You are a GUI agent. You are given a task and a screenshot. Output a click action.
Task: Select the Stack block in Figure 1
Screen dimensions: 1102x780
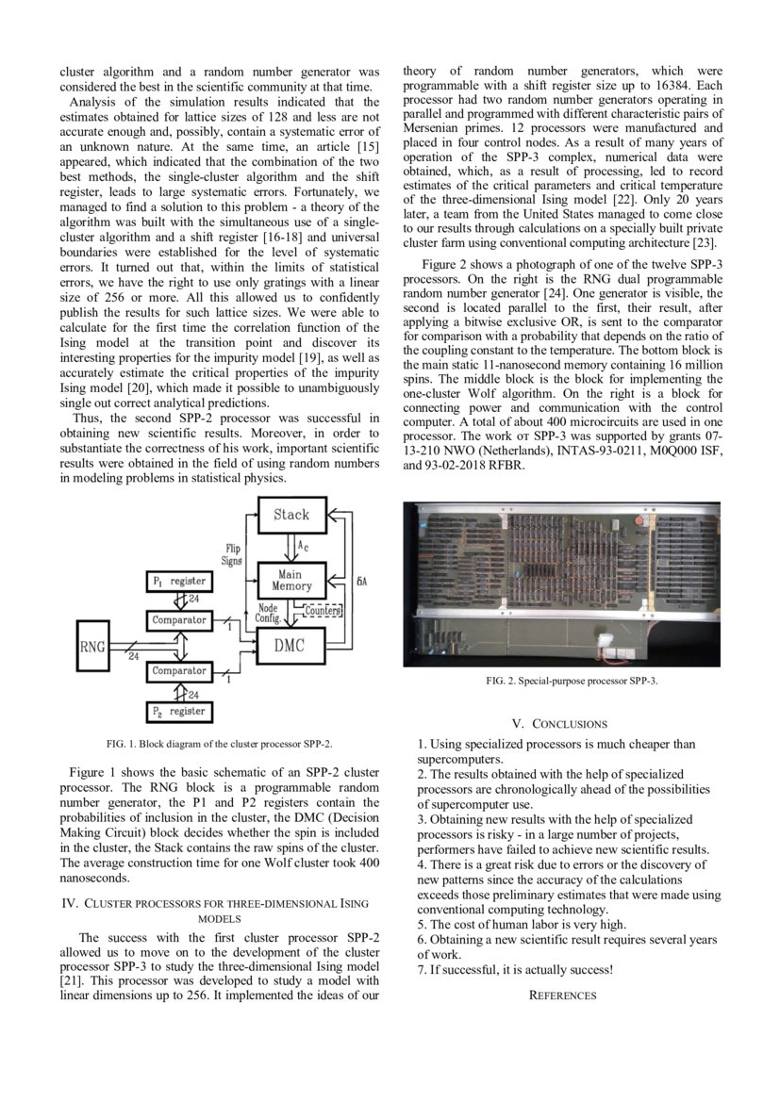click(290, 515)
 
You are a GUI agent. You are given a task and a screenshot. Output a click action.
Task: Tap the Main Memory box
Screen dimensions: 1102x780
click(290, 580)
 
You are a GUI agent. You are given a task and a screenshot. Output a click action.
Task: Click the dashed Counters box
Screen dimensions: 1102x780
click(323, 611)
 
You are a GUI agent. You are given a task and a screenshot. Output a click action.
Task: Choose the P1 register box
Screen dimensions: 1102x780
click(179, 583)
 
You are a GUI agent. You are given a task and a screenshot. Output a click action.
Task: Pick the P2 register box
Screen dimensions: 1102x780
click(179, 711)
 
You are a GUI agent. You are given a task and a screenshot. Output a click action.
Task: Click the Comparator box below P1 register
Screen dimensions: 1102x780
click(179, 620)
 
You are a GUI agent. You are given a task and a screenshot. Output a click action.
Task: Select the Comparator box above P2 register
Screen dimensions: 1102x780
click(179, 671)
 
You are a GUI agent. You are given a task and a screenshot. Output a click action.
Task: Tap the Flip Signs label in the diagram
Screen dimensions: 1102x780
click(231, 554)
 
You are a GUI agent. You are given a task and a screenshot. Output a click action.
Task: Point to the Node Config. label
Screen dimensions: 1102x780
click(267, 614)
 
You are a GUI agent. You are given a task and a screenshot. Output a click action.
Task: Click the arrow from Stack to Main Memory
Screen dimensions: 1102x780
click(290, 547)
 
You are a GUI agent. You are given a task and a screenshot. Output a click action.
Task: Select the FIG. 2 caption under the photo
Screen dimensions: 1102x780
click(562, 681)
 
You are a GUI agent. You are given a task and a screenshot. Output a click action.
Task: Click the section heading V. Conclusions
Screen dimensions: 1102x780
click(560, 724)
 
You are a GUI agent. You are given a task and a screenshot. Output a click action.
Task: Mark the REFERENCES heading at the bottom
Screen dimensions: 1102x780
click(562, 995)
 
